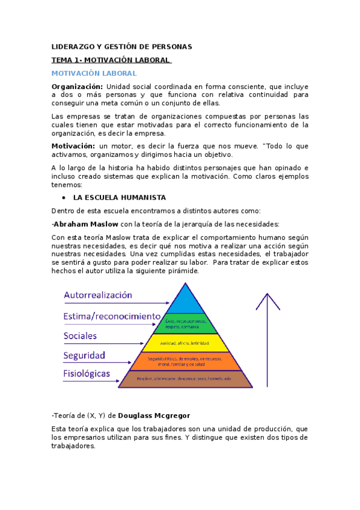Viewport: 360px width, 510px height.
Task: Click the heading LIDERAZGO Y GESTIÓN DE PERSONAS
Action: click(x=121, y=47)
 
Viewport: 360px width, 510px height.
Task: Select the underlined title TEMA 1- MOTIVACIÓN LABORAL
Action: click(x=111, y=60)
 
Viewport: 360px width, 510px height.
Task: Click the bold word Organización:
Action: click(x=77, y=87)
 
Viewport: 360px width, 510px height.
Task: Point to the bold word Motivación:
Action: click(x=73, y=146)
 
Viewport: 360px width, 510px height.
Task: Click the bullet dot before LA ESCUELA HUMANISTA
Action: click(x=64, y=197)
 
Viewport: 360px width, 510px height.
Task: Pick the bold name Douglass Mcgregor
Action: click(x=160, y=415)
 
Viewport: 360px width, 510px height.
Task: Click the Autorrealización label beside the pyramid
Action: click(x=98, y=295)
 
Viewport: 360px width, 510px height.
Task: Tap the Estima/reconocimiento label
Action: click(x=112, y=316)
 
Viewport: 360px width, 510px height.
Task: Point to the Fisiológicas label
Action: click(x=87, y=373)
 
